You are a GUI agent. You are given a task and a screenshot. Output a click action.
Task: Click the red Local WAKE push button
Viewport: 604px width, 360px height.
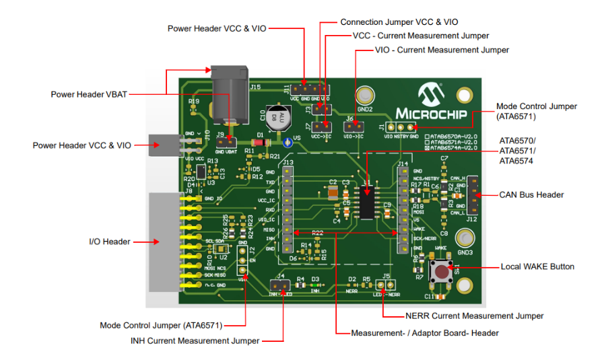[x=442, y=273]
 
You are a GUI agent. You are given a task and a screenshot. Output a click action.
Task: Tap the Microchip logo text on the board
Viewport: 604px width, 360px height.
[x=436, y=112]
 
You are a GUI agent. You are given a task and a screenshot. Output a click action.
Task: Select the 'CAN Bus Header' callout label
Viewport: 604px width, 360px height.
[x=531, y=195]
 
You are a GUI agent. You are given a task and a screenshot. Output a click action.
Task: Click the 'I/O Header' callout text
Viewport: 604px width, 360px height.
[x=110, y=241]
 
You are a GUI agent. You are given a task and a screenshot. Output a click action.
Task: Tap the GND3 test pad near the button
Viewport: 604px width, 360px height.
[x=465, y=240]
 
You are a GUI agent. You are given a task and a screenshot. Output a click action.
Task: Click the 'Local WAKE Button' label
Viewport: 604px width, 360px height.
[x=537, y=266]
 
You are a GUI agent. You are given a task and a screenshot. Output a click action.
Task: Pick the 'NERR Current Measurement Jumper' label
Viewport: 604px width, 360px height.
[x=474, y=316]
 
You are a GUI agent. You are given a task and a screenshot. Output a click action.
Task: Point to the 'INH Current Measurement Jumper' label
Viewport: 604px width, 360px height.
[x=195, y=340]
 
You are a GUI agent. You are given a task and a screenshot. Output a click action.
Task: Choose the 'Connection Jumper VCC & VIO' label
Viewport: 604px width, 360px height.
[x=399, y=22]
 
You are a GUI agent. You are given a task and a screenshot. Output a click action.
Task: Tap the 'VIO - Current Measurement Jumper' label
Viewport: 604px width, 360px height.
[x=442, y=50]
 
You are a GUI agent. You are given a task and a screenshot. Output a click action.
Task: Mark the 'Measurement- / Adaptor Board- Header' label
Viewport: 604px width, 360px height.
[x=426, y=333]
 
